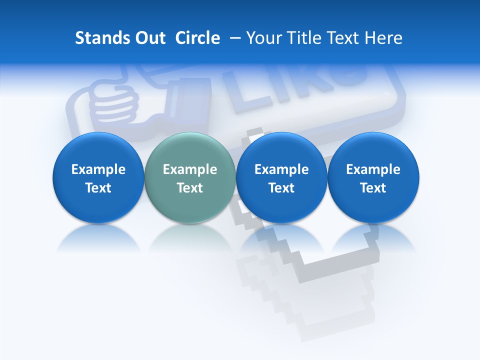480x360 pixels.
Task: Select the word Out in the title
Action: pos(149,38)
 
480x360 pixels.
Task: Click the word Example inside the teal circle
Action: pos(190,169)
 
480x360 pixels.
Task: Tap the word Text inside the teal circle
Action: pos(190,188)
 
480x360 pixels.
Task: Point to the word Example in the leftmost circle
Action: pos(98,169)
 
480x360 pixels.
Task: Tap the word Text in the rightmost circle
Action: pos(373,188)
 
